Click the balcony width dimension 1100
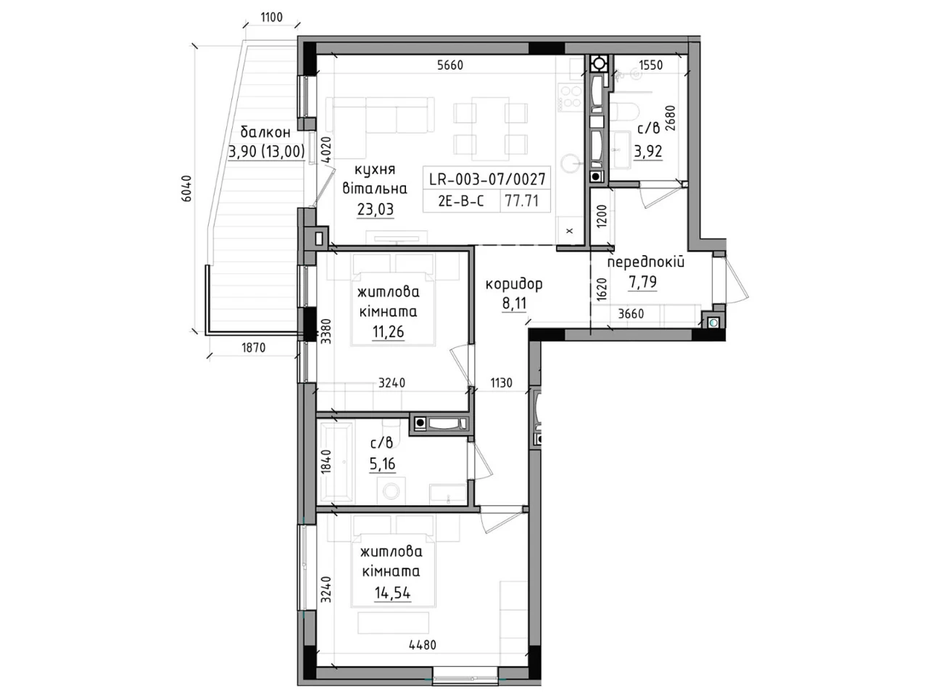271,17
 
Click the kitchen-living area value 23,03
376,210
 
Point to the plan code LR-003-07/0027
487,179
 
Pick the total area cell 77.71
522,201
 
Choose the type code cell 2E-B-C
461,201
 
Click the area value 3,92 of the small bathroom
647,151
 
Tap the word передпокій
645,262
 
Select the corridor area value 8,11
514,304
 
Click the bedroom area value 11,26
388,332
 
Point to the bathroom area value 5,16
382,463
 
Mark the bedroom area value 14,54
392,593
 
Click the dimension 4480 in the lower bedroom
423,645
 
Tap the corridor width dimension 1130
501,383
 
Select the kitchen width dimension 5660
450,65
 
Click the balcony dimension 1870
253,348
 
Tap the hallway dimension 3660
631,313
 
